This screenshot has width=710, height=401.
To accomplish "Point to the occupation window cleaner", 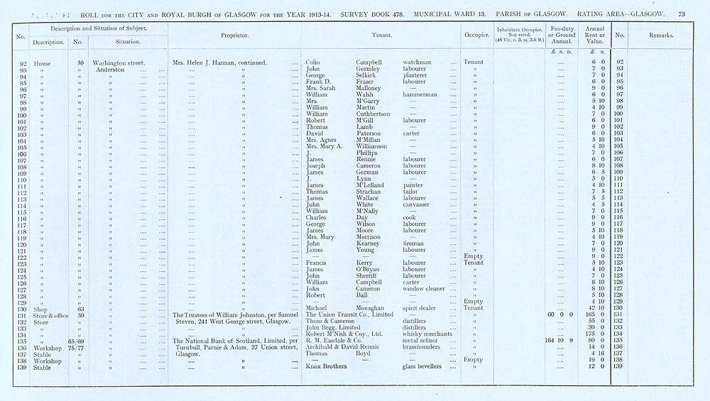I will pyautogui.click(x=425, y=289).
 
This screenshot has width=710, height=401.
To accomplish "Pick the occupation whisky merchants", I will pyautogui.click(x=429, y=334).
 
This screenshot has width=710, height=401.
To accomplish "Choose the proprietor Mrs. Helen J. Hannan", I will pyautogui.click(x=219, y=62).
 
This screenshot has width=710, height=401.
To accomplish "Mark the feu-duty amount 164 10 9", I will pyautogui.click(x=560, y=340).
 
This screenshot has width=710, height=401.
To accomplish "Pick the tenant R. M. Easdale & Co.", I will pyautogui.click(x=339, y=340).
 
